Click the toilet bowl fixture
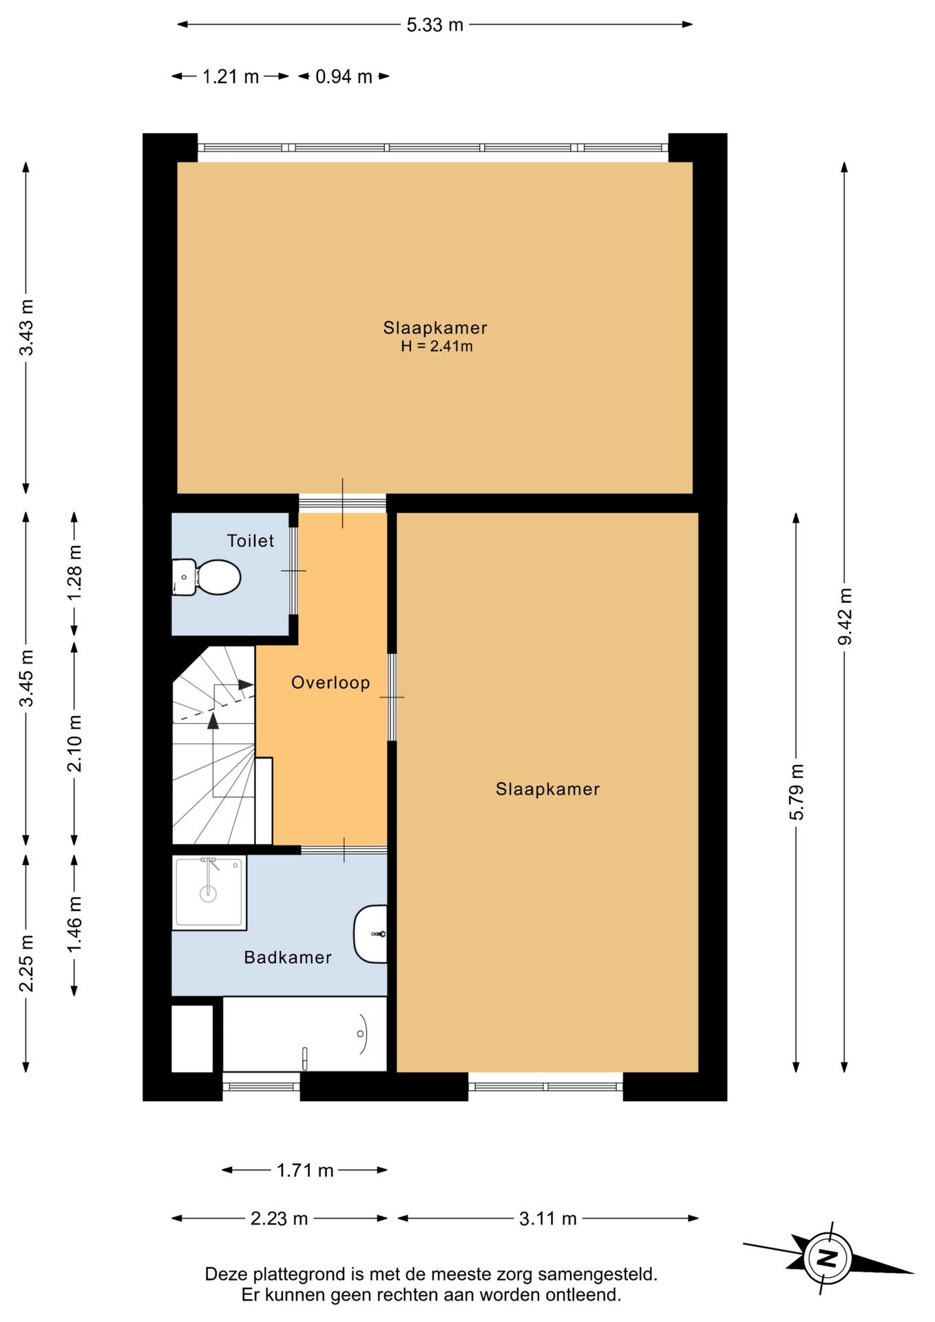pyautogui.click(x=206, y=577)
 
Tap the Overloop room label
pyautogui.click(x=330, y=682)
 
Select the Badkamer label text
pyautogui.click(x=288, y=957)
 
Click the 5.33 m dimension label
pyautogui.click(x=434, y=25)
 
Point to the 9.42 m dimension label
pyautogui.click(x=845, y=617)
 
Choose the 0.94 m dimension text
pyautogui.click(x=344, y=76)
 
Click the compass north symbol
pyautogui.click(x=828, y=1259)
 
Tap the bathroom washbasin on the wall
pyautogui.click(x=370, y=934)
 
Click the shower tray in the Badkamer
pyautogui.click(x=209, y=892)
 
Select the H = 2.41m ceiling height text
pyautogui.click(x=437, y=346)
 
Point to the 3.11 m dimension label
pyautogui.click(x=547, y=1219)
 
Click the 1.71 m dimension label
pyautogui.click(x=305, y=1171)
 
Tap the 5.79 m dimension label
pyautogui.click(x=797, y=792)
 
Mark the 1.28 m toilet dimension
pyautogui.click(x=74, y=572)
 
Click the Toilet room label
pyautogui.click(x=251, y=541)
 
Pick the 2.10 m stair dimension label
pyautogui.click(x=74, y=743)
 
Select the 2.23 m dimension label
pyautogui.click(x=279, y=1219)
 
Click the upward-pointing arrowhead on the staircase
pyautogui.click(x=213, y=720)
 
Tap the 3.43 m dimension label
pyautogui.click(x=26, y=327)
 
